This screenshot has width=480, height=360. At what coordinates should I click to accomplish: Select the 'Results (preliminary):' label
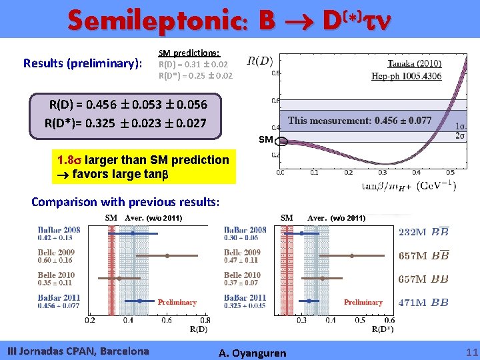(83, 63)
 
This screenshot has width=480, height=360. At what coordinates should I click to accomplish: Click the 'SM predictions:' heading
(189, 53)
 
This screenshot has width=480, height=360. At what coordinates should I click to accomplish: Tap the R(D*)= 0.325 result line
(125, 123)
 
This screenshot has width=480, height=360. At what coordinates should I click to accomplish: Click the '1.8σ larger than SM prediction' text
(143, 160)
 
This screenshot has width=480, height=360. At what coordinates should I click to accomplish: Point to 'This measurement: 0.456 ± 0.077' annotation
(359, 121)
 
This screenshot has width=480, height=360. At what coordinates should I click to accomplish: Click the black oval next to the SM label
(282, 141)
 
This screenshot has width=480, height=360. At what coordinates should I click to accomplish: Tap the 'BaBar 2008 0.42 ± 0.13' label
(59, 233)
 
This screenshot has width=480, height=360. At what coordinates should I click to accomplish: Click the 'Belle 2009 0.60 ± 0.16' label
(56, 257)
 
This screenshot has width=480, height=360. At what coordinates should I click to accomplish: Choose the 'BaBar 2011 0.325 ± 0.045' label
(245, 302)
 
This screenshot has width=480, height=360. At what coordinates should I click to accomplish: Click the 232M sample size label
(413, 232)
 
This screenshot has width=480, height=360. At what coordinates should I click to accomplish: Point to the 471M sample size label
(413, 303)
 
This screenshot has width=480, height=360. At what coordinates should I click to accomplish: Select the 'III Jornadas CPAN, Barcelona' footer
(77, 351)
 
